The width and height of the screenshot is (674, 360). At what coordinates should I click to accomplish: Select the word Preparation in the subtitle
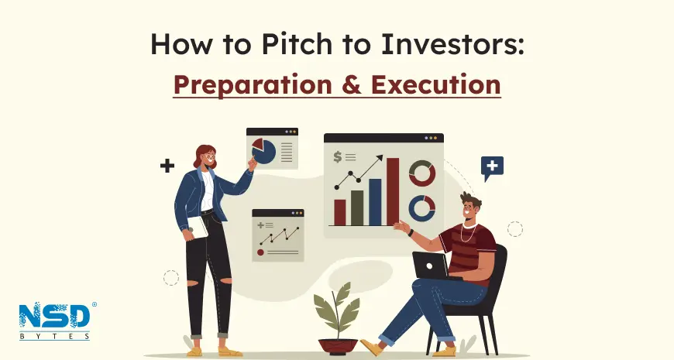[253, 85]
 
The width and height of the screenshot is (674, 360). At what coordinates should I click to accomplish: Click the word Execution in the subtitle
[436, 84]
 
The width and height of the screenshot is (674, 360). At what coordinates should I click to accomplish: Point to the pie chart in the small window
[263, 151]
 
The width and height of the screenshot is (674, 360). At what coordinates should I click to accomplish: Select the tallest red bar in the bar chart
[393, 191]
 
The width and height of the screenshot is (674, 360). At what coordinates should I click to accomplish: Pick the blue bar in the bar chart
[375, 202]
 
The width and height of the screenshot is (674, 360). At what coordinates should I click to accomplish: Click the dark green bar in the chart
[357, 208]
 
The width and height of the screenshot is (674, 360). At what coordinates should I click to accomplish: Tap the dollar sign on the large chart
[338, 157]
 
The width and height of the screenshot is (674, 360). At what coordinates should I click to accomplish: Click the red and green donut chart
[422, 173]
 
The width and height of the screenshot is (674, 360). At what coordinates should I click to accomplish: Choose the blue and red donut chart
[421, 208]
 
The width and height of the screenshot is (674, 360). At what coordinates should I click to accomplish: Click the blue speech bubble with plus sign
[492, 168]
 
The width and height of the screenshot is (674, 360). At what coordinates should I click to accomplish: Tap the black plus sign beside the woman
[167, 166]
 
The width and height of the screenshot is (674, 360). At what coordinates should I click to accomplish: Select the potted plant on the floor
[338, 319]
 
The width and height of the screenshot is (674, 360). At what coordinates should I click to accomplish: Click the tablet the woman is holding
[198, 228]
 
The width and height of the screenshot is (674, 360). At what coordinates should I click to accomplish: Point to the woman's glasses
[210, 157]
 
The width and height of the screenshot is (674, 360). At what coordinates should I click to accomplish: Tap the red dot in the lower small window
[260, 252]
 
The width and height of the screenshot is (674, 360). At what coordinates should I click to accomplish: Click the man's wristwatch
[411, 233]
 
